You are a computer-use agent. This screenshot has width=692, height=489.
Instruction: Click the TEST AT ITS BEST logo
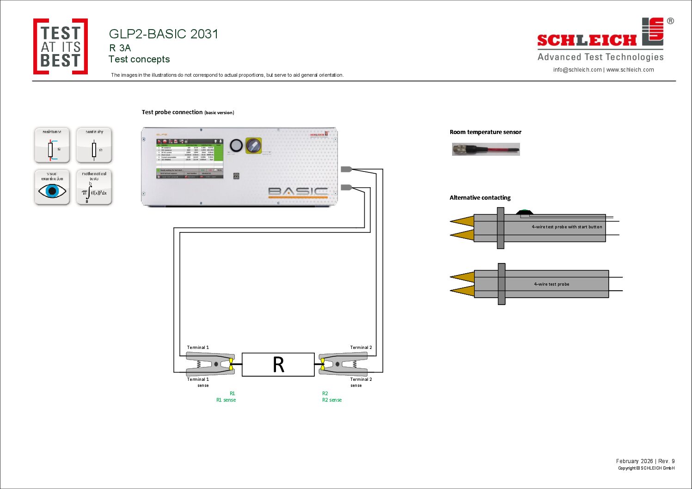click(x=61, y=47)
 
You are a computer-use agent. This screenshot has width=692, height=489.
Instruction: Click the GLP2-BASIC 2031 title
click(x=164, y=34)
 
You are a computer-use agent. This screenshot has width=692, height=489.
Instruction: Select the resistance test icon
click(x=52, y=145)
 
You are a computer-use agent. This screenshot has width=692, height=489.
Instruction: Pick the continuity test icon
click(x=94, y=145)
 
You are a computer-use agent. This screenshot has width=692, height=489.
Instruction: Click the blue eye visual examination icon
click(x=52, y=187)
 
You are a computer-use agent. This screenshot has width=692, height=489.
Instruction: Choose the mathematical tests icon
click(x=94, y=187)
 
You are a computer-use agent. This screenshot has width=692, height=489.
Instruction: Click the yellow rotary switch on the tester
click(x=253, y=146)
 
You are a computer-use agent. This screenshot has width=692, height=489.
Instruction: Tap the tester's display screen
click(x=190, y=159)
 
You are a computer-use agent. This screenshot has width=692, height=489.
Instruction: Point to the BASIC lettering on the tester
click(x=298, y=191)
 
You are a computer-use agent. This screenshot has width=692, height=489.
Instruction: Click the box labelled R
click(x=278, y=365)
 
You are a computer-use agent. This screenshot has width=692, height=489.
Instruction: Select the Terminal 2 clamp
click(x=343, y=364)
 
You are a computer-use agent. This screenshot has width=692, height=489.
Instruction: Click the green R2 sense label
click(x=332, y=400)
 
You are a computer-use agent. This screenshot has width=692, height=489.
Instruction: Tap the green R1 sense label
click(x=226, y=400)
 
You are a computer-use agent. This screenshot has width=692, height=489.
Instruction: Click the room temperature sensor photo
click(x=486, y=149)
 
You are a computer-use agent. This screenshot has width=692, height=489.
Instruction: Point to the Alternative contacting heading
click(x=480, y=198)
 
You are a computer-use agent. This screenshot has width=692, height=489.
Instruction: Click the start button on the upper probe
click(x=524, y=212)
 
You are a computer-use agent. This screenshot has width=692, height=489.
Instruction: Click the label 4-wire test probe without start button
click(x=551, y=284)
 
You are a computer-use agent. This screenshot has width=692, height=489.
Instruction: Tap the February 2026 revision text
click(x=645, y=461)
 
